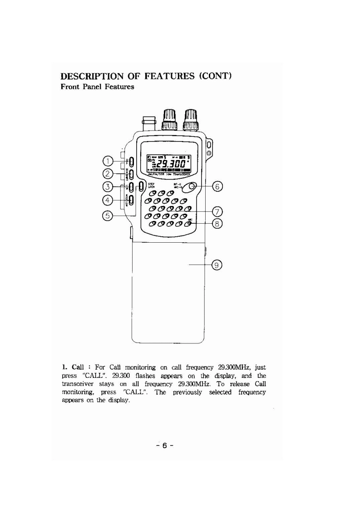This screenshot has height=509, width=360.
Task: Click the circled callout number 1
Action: (x=107, y=161)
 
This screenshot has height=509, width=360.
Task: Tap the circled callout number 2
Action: (x=107, y=174)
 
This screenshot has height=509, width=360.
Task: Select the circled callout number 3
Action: (x=107, y=187)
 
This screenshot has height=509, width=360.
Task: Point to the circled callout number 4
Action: (x=107, y=200)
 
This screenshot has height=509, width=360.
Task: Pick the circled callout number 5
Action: (x=107, y=215)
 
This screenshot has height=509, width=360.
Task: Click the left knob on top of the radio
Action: (x=169, y=120)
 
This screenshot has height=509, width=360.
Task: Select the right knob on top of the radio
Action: (x=190, y=120)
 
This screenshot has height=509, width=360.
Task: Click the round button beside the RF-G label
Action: (x=194, y=187)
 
